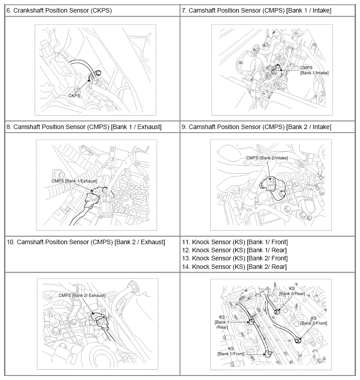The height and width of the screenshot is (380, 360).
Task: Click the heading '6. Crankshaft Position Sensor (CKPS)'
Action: pos(59,10)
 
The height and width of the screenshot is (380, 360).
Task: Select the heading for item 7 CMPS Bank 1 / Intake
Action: pos(256,10)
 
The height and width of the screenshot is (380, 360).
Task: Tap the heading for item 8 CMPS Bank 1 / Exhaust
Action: pos(84,127)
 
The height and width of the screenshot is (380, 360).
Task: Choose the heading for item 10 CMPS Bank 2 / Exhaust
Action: pos(86,242)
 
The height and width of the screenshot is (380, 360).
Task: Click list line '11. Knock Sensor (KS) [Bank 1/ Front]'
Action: pos(234,242)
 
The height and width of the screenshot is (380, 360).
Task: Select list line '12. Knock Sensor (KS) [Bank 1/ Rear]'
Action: pos(234,250)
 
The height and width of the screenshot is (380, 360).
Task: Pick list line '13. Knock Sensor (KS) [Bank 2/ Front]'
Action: pos(234,258)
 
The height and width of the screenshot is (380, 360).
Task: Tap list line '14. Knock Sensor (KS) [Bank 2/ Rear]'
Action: pos(234,267)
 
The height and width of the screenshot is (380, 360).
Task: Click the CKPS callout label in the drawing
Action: pos(74,95)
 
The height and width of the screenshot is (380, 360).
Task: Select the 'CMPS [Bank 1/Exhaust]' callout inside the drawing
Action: pos(75,181)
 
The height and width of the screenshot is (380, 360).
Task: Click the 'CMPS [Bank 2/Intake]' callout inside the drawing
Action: pos(267,158)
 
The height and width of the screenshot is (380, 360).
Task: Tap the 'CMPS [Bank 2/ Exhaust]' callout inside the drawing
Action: pos(82,295)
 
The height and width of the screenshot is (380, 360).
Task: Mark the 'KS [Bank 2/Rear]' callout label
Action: pos(292,291)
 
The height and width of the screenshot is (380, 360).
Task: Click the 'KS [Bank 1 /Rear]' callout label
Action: pos(221,322)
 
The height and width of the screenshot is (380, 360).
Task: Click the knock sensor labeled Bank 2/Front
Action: pos(297,340)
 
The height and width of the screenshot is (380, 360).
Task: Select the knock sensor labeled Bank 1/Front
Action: pos(269,354)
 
